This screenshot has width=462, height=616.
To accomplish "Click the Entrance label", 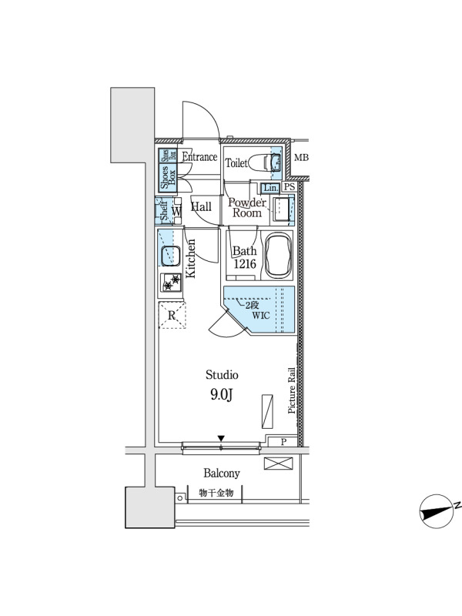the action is point(199,157).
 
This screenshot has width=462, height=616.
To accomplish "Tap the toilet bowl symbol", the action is point(259,162).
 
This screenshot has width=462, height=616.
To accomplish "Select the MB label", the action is point(301,158).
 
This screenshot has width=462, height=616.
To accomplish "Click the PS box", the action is point(290,187).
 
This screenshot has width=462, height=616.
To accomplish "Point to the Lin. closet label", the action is point(270,188).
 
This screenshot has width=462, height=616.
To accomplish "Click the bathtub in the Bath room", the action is point(279,256).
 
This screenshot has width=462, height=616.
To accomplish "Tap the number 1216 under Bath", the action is point(245,264).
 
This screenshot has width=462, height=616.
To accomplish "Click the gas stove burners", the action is point(171,283).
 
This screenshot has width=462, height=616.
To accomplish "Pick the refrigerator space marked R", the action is point(172,315).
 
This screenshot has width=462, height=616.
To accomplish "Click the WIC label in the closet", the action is point(261,315).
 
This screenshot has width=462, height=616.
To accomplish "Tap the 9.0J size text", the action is point(222,395).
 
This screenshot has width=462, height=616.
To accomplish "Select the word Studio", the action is point(222,375).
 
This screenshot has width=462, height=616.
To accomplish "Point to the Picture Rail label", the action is point(292,390).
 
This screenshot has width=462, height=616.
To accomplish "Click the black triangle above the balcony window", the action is point(221,438).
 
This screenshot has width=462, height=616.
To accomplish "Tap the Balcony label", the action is point(222,474).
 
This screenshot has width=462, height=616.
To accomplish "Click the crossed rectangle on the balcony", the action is point(279,464).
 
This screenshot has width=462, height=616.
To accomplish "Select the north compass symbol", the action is point(436,511).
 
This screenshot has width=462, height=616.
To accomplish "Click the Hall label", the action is point(201,206).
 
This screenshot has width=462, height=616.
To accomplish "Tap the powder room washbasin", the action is point(281,209).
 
